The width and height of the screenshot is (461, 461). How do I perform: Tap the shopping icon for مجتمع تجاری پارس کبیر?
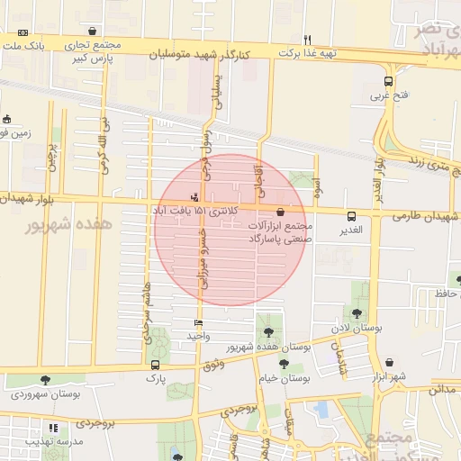(93, 31)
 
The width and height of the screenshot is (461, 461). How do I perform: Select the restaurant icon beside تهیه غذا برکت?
(307, 40)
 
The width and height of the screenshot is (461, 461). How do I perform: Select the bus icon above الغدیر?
(351, 216)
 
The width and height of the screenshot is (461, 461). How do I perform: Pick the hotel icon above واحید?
(199, 323)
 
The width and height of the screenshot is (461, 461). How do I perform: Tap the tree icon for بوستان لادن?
(357, 313)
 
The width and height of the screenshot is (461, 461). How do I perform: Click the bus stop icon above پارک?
(156, 366)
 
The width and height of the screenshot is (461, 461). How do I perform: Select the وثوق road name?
(212, 363)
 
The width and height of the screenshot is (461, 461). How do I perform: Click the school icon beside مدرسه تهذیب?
(53, 428)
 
